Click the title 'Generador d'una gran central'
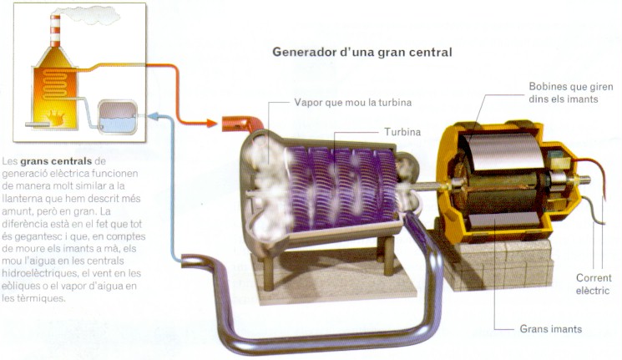pyautogui.click(x=362, y=52)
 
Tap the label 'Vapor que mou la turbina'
pyautogui.click(x=353, y=103)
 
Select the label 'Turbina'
pyautogui.click(x=402, y=132)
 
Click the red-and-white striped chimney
pyautogui.click(x=56, y=33)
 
